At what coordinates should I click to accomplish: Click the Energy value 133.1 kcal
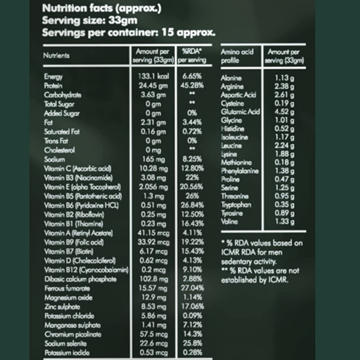pyautogui.click(x=153, y=76)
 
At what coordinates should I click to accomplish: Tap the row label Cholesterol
pyautogui.click(x=60, y=150)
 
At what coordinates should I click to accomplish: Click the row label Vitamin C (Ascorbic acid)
pyautogui.click(x=78, y=168)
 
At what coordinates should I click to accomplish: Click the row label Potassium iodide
pyautogui.click(x=67, y=352)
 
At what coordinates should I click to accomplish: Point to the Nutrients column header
pyautogui.click(x=57, y=56)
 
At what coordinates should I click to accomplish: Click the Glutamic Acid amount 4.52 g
pyautogui.click(x=284, y=112)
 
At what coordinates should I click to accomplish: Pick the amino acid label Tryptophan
pyautogui.click(x=236, y=205)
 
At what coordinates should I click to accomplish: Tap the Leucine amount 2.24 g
pyautogui.click(x=284, y=146)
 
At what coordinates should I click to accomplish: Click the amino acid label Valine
pyautogui.click(x=229, y=222)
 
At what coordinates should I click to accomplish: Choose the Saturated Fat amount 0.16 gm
pyautogui.click(x=153, y=132)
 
